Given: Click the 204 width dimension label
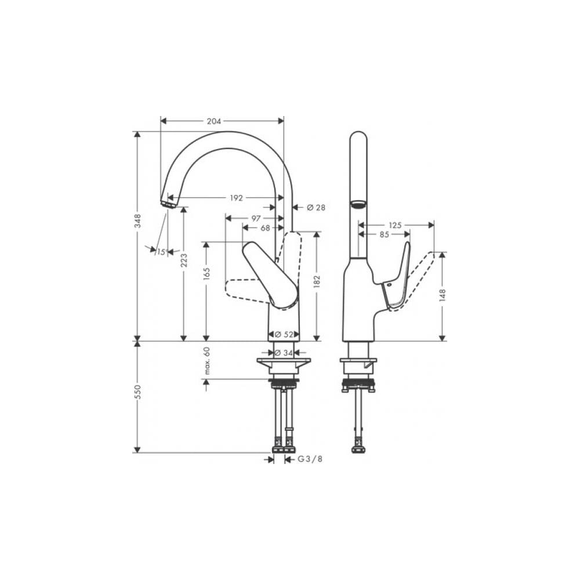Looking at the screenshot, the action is tap(214, 121).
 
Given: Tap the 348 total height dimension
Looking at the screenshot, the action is tap(137, 220).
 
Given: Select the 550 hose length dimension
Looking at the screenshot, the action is tap(137, 391).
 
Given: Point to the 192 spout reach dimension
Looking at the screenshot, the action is tap(237, 198).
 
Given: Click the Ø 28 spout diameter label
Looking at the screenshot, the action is tap(316, 208).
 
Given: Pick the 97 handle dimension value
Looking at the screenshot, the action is tap(256, 219).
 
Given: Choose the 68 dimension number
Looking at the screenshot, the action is tap(265, 228).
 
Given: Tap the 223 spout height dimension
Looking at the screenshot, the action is tap(184, 260).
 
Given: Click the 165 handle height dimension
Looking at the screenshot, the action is tap(206, 273).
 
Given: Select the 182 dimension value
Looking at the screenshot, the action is tap(317, 281).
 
